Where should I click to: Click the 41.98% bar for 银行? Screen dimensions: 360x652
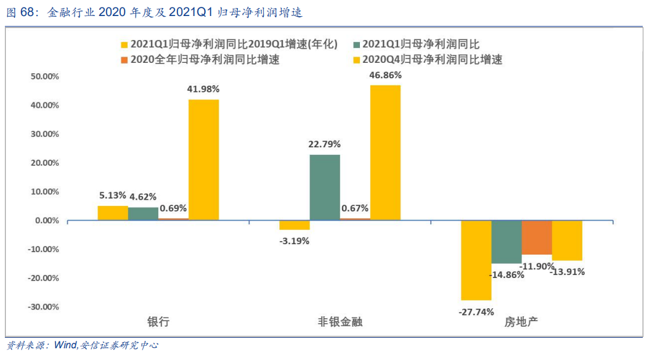click(x=203, y=160)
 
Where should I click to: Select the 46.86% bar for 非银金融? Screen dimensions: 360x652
click(x=385, y=152)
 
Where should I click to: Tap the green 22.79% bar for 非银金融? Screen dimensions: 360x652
click(x=325, y=187)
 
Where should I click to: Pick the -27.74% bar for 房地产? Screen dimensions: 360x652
click(x=476, y=260)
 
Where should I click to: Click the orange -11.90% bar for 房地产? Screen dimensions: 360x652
click(x=536, y=237)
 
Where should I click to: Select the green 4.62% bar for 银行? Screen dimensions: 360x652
click(x=143, y=213)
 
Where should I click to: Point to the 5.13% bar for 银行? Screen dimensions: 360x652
click(x=113, y=213)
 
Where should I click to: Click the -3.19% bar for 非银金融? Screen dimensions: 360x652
click(x=295, y=224)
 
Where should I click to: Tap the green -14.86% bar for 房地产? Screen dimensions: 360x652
click(x=506, y=242)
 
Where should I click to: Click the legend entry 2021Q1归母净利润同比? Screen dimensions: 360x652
click(x=420, y=44)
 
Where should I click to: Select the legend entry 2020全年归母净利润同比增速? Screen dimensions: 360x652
click(x=205, y=60)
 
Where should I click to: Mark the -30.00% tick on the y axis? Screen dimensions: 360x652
click(x=44, y=307)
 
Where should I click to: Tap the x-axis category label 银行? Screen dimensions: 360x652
click(x=158, y=322)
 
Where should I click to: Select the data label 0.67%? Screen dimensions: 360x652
click(x=354, y=208)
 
